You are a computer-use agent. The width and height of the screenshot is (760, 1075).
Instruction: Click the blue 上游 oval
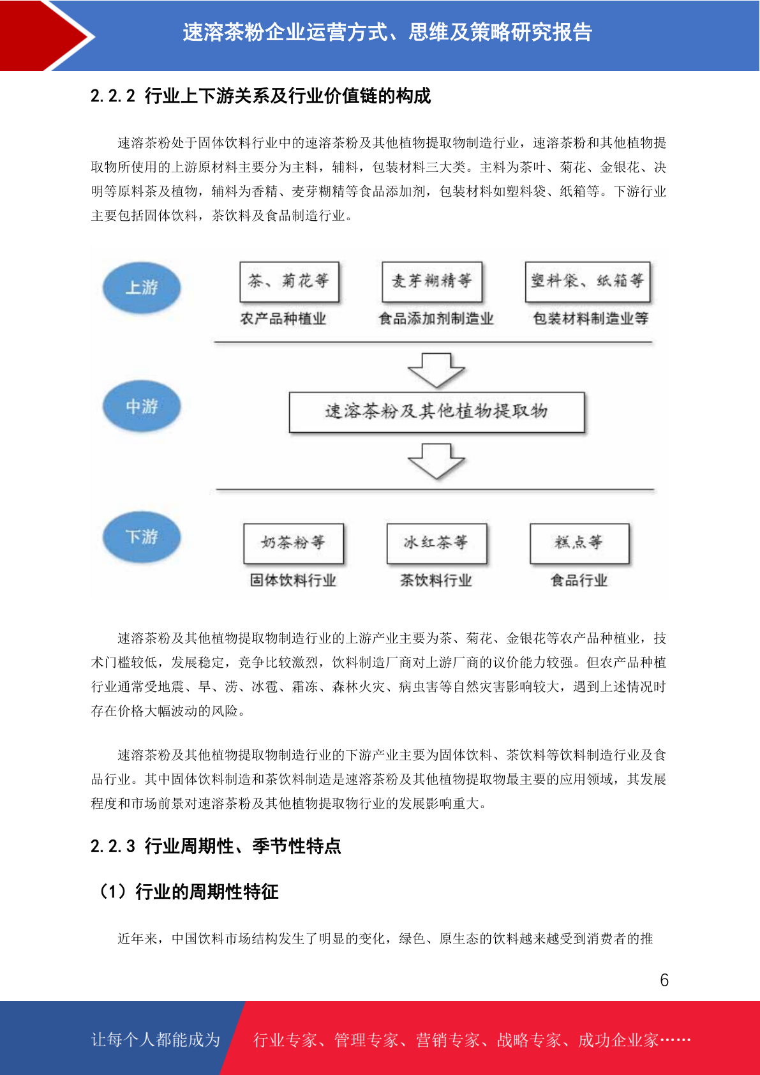(142, 287)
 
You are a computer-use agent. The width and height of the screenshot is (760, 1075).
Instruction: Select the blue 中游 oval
(142, 406)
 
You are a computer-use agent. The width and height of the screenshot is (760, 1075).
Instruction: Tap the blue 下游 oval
(142, 536)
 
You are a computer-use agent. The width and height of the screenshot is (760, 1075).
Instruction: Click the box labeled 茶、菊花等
(289, 282)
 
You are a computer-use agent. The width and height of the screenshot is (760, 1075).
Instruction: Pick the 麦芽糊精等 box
(432, 282)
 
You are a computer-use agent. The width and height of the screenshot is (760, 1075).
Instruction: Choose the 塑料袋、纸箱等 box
(588, 282)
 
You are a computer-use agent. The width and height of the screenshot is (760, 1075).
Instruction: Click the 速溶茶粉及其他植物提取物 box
(436, 412)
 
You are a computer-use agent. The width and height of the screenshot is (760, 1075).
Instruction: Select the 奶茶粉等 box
(294, 543)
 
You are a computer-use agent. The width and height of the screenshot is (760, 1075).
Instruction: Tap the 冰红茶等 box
(436, 543)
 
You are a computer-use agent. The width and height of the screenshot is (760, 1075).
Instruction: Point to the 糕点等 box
(579, 543)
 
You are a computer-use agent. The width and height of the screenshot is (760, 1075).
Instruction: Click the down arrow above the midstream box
(436, 370)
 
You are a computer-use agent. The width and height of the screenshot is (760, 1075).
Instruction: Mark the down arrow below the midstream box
(436, 461)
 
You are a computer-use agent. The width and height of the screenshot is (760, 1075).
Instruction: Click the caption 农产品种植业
(283, 318)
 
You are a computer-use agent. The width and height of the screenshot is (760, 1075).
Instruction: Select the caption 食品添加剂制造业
(436, 318)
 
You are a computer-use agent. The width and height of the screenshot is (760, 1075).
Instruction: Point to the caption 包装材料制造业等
(591, 318)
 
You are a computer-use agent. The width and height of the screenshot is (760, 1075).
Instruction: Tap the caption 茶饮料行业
(436, 580)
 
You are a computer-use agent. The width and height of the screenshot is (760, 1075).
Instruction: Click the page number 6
(664, 979)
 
